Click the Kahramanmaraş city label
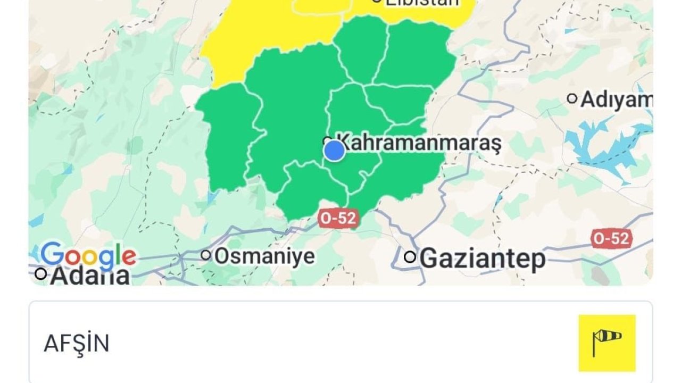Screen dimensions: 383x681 420,143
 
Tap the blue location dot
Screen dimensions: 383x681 334,151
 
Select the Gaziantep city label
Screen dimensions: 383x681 483,259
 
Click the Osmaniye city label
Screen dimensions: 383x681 264,256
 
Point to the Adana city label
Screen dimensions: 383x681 90,276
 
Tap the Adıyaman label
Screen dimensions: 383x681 616,99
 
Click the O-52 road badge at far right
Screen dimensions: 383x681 612,239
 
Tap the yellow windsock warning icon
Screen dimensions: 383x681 607,343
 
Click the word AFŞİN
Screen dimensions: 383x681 77,344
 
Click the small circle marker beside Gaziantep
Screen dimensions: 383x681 410,257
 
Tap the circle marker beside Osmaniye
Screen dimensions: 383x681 206,255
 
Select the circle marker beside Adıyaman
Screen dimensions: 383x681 572,98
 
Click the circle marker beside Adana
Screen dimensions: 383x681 40,274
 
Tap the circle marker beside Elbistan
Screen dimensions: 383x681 377,1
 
